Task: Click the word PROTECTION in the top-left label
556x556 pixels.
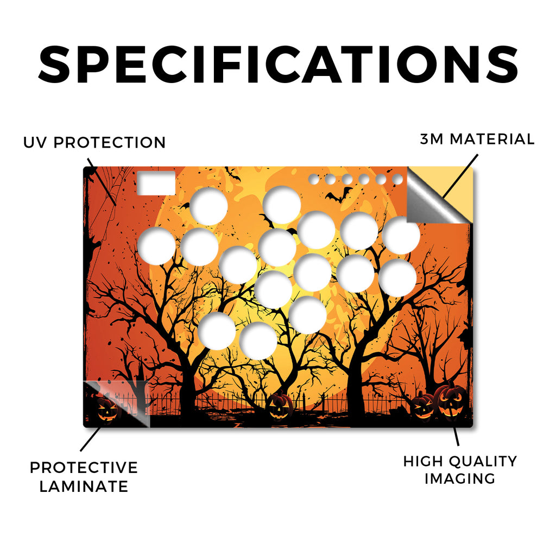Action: tap(110, 143)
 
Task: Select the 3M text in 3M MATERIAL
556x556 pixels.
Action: tap(432, 139)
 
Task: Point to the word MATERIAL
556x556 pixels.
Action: tap(492, 139)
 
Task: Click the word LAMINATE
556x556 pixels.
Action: tap(84, 486)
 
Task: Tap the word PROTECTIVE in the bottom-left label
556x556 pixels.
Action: tap(84, 467)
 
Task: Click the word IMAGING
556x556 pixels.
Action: tap(460, 478)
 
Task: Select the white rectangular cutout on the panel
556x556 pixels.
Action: tap(156, 184)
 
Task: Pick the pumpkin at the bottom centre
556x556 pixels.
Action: tap(280, 406)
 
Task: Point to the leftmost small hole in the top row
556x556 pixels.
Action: tap(314, 179)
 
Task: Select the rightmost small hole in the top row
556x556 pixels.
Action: tap(397, 179)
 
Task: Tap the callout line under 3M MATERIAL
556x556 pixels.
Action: tap(460, 176)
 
